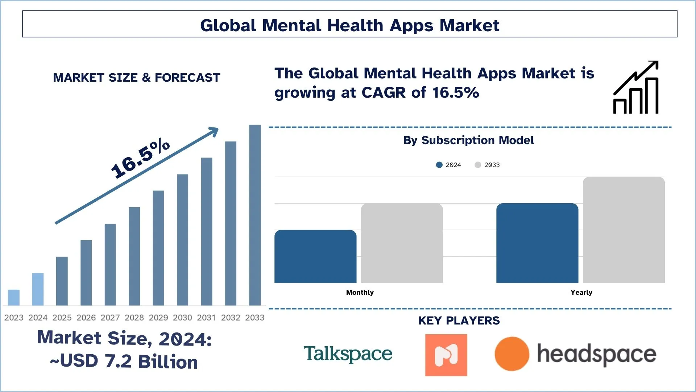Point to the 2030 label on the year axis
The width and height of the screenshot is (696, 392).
pos(182,318)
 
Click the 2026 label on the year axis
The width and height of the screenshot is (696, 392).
pos(86,318)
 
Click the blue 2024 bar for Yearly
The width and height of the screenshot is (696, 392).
pos(537,243)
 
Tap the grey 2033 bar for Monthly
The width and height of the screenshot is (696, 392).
pos(402,243)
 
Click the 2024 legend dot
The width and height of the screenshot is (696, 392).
pos(439,165)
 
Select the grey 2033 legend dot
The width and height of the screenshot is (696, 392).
pos(478,165)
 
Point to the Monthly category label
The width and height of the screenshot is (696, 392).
pos(360,293)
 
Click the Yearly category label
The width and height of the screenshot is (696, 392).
pos(581,293)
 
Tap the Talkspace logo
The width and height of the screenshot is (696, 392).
pos(348,354)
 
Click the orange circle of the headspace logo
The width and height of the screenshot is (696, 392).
pos(511,354)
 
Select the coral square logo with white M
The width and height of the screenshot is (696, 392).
pos(446,355)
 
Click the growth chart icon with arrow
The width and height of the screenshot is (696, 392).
pos(636,87)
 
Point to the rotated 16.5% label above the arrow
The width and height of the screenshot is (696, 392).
pos(140,158)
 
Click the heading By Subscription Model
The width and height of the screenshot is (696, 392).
pos(468,140)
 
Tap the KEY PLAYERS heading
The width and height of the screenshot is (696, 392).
pos(459,321)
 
